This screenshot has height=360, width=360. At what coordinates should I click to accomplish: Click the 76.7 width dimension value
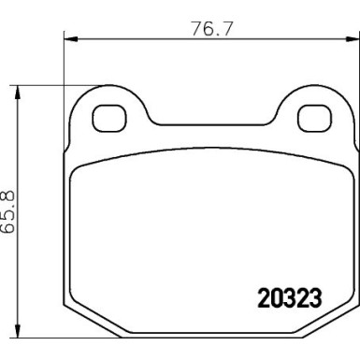(211, 28)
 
